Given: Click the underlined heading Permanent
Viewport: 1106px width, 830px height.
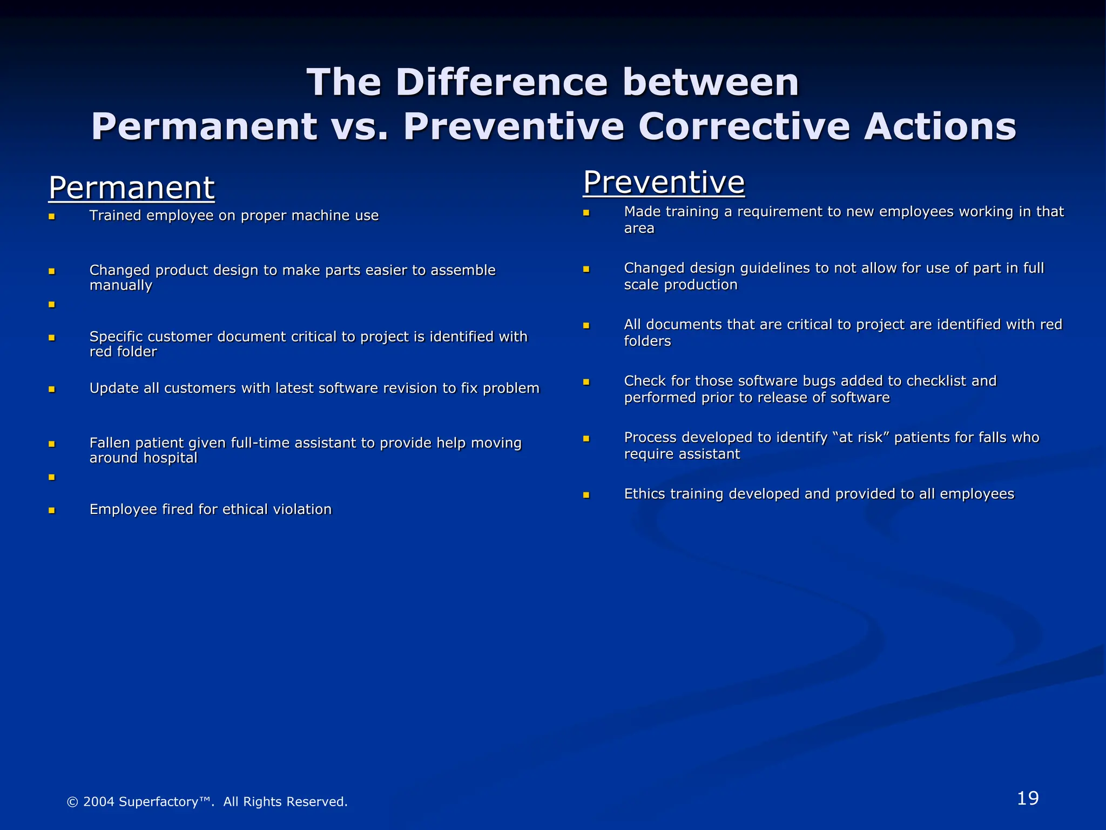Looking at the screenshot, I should click(x=131, y=188).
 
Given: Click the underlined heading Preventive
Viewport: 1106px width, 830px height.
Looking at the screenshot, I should click(x=664, y=182).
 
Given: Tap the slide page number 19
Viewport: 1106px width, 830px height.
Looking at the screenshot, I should click(x=1027, y=798).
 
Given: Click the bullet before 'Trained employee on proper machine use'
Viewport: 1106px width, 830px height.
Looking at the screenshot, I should click(x=52, y=217).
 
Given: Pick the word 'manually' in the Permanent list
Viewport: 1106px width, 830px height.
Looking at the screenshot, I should click(x=120, y=285).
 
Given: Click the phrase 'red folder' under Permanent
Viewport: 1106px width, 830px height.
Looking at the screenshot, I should click(x=123, y=352).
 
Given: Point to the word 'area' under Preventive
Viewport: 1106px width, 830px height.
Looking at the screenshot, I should click(x=639, y=229).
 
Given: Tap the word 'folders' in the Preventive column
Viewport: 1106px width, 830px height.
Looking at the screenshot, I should click(x=647, y=342).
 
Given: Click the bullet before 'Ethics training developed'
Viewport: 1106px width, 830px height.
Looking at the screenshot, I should click(x=586, y=495).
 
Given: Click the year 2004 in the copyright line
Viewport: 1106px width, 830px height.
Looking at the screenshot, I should click(x=98, y=801).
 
